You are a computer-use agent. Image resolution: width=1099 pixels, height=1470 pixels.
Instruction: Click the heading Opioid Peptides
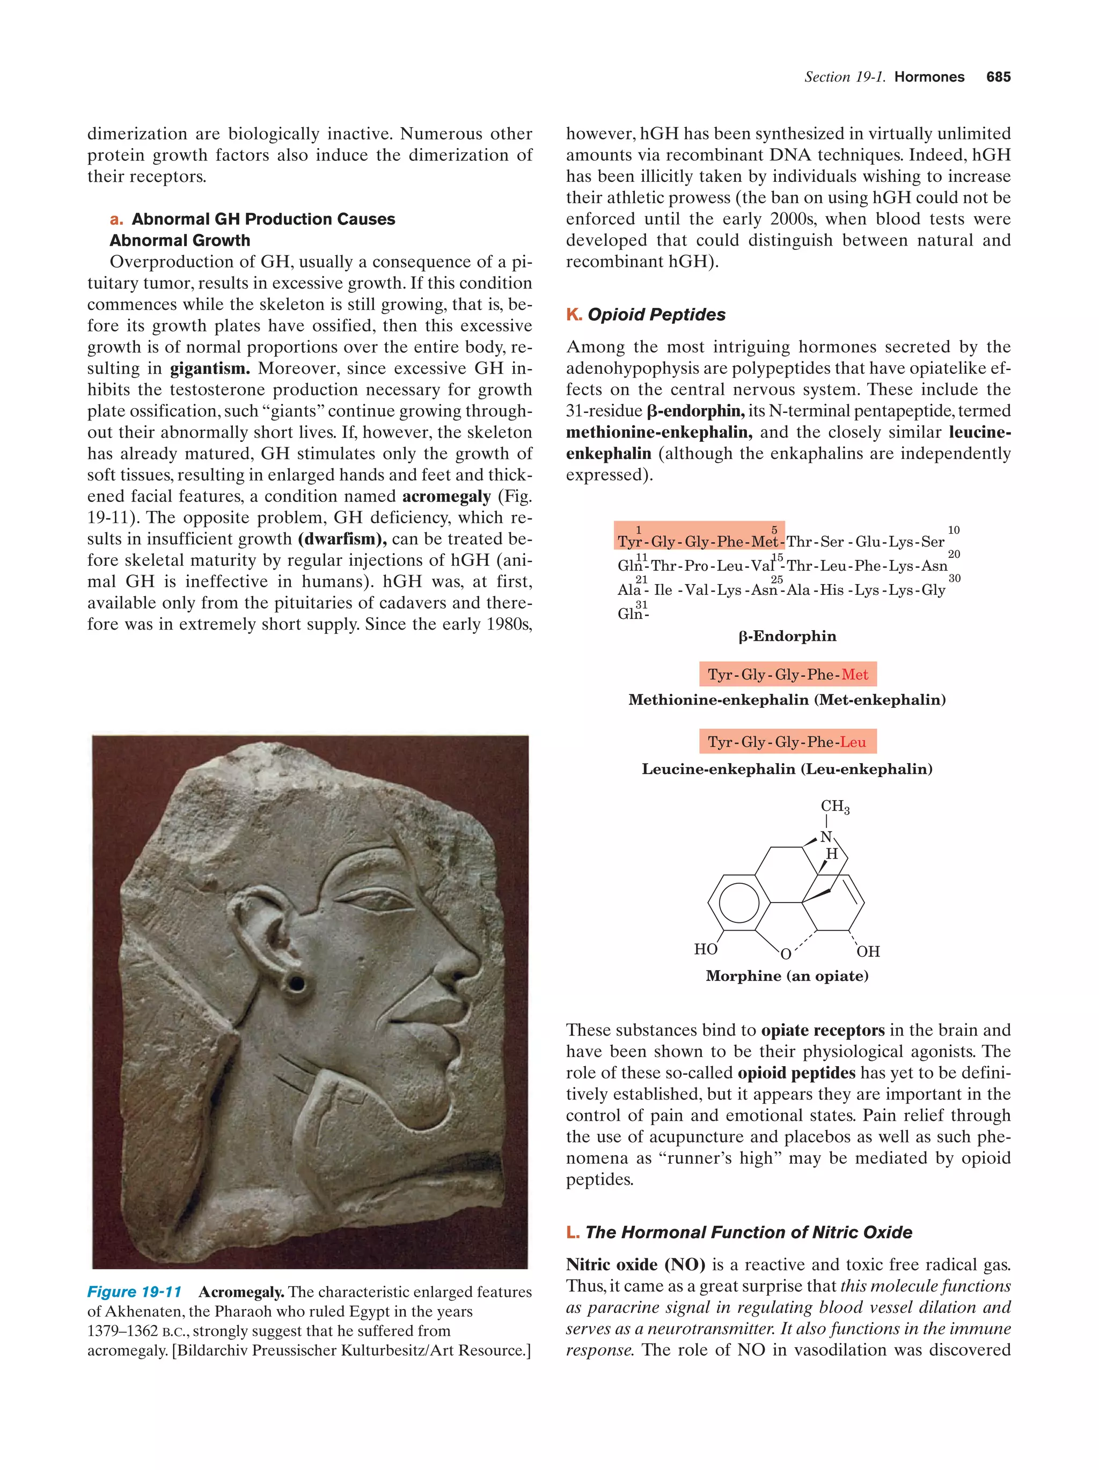pos(656,314)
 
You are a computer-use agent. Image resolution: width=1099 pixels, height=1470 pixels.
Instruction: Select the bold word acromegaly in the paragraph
pos(446,497)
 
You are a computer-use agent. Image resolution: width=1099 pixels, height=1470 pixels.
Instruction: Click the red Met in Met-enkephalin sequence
pos(854,675)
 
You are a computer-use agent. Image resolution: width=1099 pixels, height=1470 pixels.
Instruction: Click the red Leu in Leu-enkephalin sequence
pos(853,742)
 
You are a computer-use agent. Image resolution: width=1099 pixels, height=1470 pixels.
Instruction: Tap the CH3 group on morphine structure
pos(834,806)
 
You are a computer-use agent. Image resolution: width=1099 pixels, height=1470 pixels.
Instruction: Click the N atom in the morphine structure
pos(825,837)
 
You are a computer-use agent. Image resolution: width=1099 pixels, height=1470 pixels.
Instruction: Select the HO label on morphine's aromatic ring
pos(706,949)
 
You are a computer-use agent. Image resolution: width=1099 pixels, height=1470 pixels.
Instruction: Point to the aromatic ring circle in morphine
pos(738,902)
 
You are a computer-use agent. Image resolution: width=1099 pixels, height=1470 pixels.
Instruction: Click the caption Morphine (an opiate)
pos(787,976)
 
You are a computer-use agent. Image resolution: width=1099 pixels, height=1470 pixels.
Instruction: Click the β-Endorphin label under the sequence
pos(787,636)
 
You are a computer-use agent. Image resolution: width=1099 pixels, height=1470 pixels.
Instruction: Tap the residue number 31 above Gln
pos(641,604)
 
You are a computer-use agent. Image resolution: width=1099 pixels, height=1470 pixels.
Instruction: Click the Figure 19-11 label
pos(134,1292)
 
